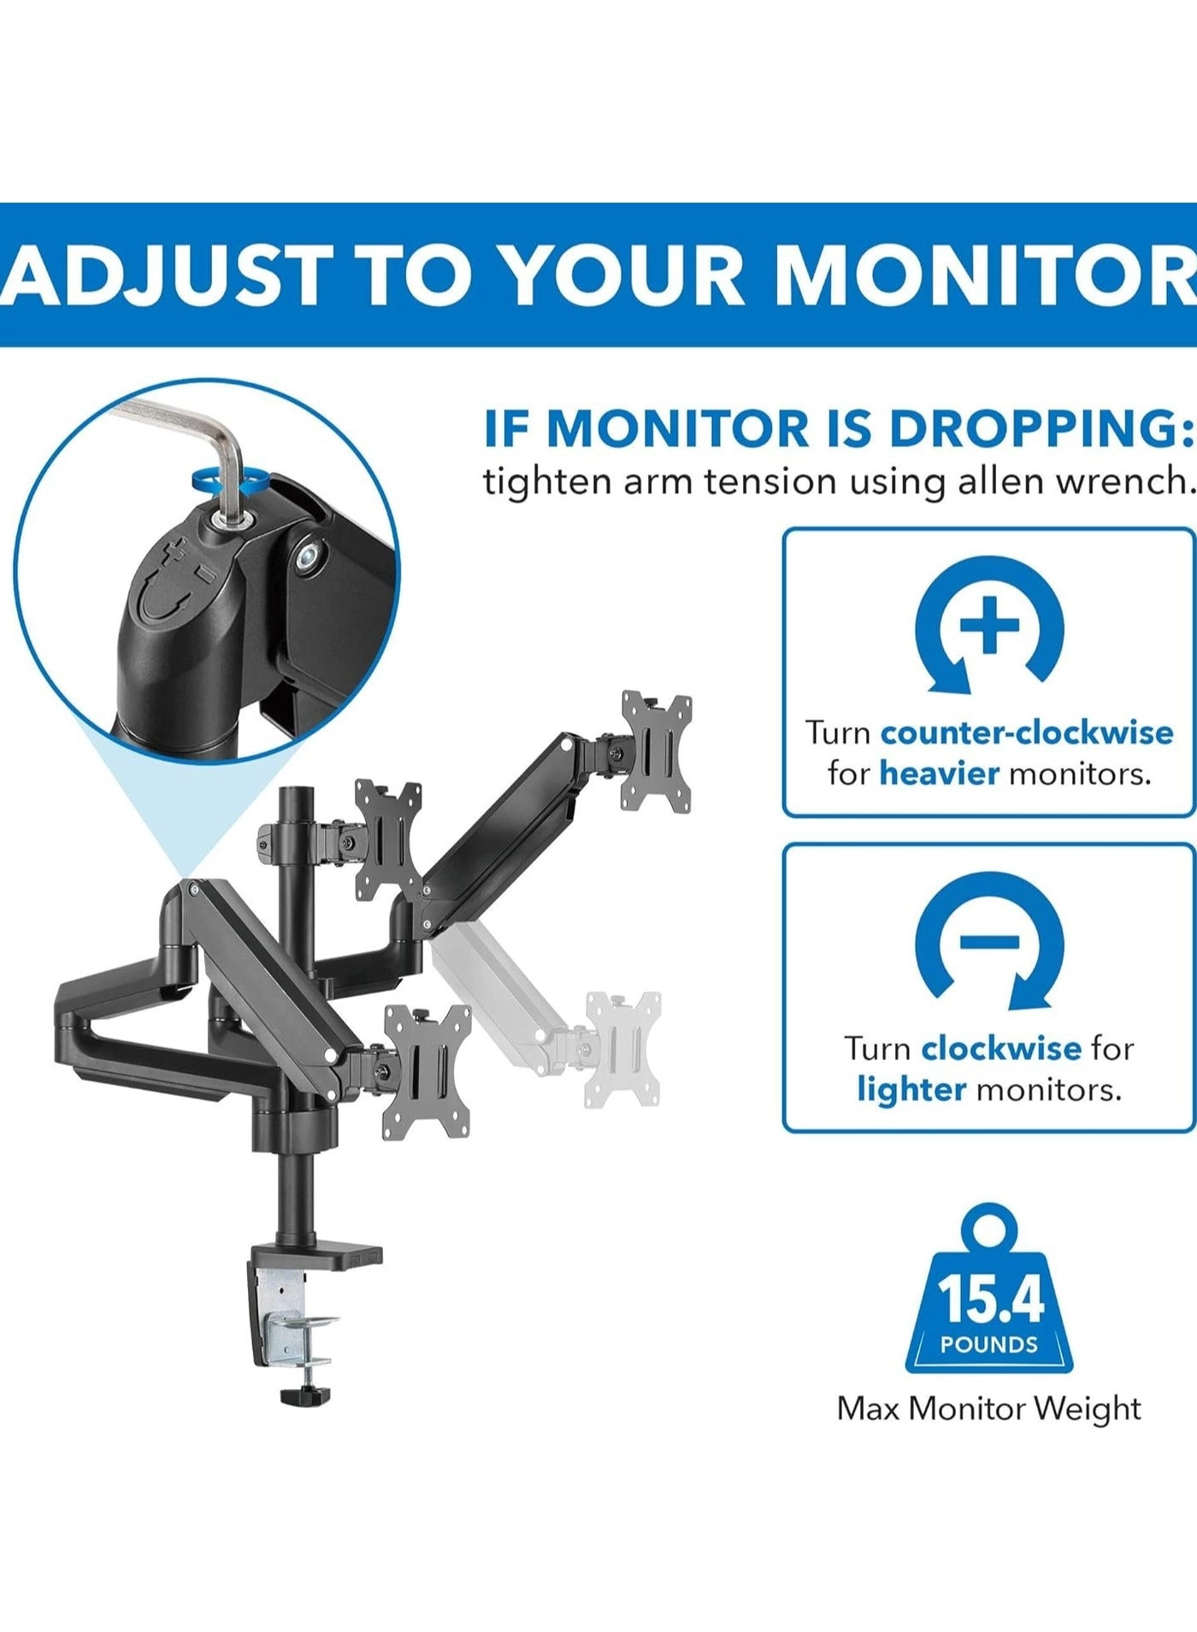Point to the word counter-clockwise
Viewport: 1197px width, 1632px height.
tap(1027, 733)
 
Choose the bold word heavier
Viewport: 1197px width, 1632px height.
tap(939, 774)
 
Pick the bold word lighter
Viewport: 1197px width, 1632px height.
tap(911, 1089)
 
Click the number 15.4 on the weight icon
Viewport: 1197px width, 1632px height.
tap(990, 1299)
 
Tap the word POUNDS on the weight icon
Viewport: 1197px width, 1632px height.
tap(989, 1344)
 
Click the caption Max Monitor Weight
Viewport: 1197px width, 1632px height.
tap(989, 1408)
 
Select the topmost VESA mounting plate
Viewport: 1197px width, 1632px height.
tap(657, 751)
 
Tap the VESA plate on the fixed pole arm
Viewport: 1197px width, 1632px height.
tap(388, 840)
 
